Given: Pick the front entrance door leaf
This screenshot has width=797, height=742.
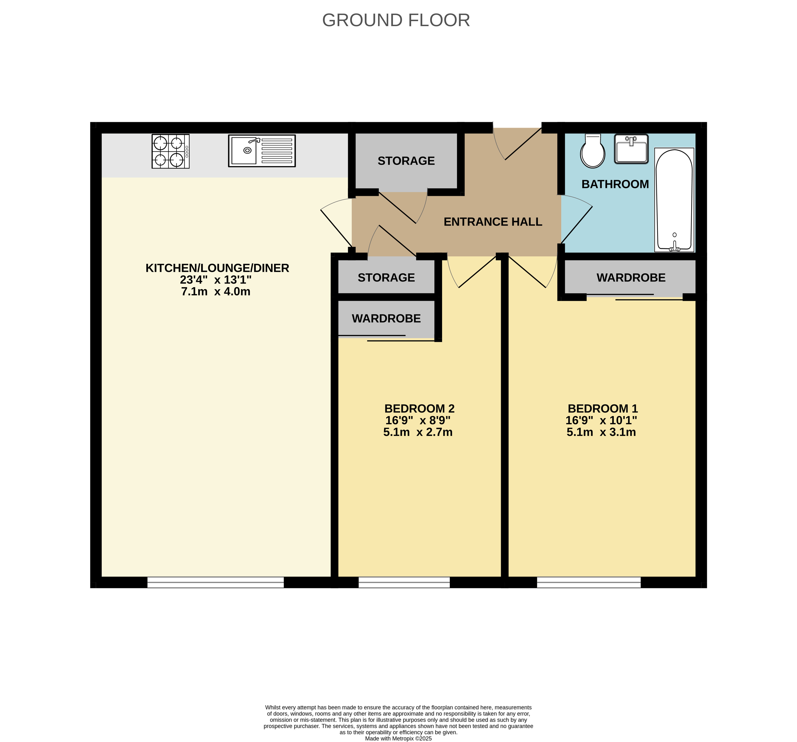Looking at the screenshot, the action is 523,144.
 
